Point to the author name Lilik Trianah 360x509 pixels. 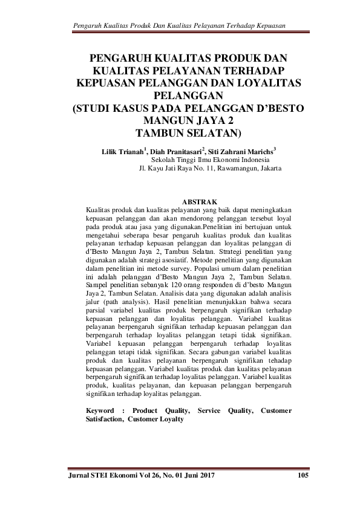pos(123,151)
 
